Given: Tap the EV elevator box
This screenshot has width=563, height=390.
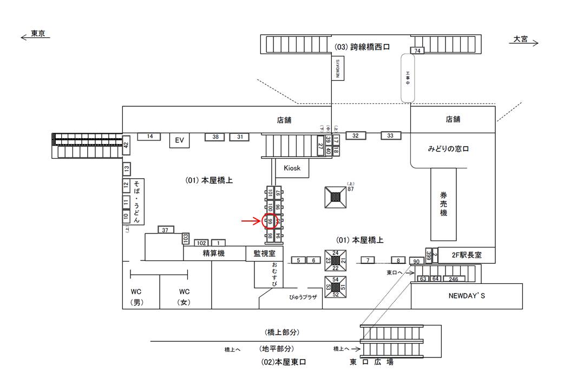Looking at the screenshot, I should point(180,140).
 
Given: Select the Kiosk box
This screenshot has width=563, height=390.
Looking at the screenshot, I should point(292,168).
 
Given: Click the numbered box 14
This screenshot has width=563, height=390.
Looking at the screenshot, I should point(150,136).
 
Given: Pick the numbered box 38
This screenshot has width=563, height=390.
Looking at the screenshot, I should point(215,137).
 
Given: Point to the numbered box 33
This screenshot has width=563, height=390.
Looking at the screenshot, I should point(390,135).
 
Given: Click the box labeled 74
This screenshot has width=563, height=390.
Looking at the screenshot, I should point(417,50).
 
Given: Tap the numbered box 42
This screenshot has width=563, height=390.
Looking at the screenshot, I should point(126,145).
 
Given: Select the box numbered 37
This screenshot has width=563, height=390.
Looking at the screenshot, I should point(166,230).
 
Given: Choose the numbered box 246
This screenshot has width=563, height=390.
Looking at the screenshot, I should point(454,279).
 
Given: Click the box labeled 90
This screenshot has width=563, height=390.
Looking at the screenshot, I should point(416,262).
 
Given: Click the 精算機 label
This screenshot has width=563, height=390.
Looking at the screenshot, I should point(214,253).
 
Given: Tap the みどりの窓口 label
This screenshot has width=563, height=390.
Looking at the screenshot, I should point(448,148).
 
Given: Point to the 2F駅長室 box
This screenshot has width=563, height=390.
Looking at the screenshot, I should point(466,254).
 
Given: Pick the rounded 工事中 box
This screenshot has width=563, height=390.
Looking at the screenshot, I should point(408,77).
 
